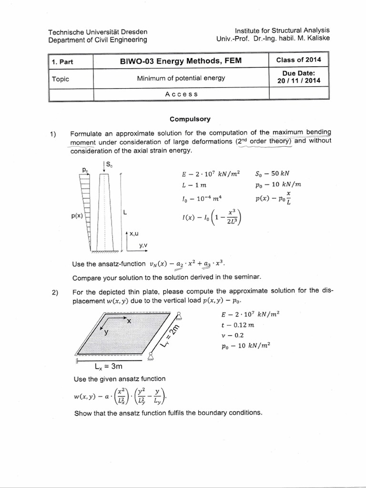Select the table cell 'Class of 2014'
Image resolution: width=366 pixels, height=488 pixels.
(x=299, y=60)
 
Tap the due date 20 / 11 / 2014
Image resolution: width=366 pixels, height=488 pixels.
(x=299, y=81)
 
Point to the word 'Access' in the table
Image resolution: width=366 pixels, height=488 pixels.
(x=181, y=94)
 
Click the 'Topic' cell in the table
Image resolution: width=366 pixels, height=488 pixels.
(x=61, y=79)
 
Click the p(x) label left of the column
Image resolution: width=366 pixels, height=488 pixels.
(x=75, y=216)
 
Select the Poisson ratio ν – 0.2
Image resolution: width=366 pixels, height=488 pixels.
(x=232, y=335)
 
